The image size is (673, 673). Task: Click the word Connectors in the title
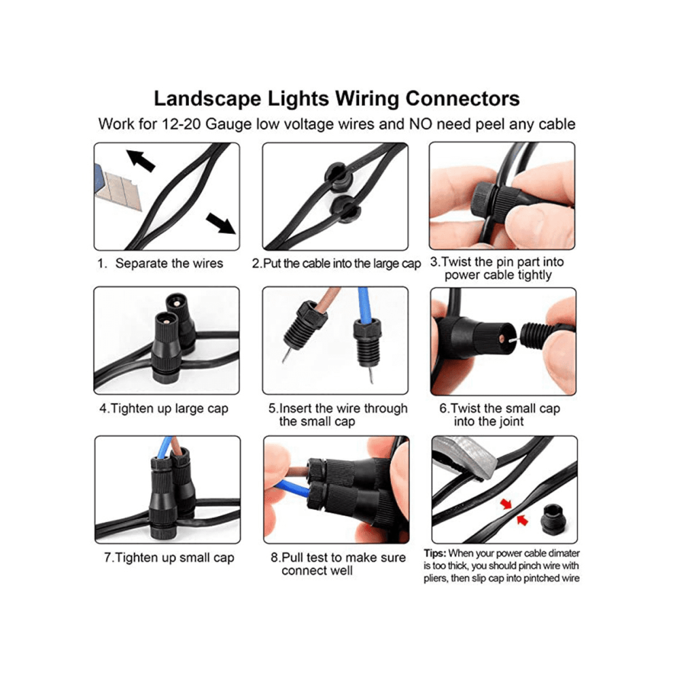tap(462, 99)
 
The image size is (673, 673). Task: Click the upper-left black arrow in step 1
tap(140, 160)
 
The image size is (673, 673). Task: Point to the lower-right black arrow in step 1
tap(221, 223)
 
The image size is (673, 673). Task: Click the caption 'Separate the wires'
tap(169, 263)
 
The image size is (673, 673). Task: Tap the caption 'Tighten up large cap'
tap(164, 408)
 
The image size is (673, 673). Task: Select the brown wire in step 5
tap(326, 302)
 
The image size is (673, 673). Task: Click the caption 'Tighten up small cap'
tap(169, 557)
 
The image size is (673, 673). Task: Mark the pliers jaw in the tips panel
tap(466, 457)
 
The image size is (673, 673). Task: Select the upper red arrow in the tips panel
tap(506, 504)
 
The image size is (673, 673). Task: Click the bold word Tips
tap(435, 553)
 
